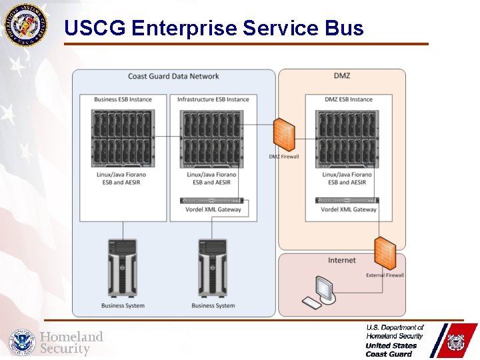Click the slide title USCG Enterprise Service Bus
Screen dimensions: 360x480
[x=214, y=28]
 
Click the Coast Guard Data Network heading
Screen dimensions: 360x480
[x=173, y=77]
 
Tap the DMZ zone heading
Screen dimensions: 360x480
[x=341, y=76]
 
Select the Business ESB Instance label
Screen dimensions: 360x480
[x=123, y=99]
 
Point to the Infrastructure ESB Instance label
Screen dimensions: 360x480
[x=213, y=99]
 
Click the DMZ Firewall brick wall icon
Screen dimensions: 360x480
[x=285, y=136]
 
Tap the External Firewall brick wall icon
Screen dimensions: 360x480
[x=385, y=254]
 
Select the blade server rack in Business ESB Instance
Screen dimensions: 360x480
[x=123, y=138]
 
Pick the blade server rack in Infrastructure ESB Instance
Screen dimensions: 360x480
[x=212, y=138]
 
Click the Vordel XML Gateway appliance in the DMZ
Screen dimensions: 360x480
[x=347, y=200]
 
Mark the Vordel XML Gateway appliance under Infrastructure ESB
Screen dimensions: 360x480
[x=212, y=200]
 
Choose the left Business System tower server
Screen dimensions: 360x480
[x=122, y=268]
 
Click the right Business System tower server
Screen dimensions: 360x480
[x=213, y=268]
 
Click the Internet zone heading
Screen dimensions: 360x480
[x=341, y=260]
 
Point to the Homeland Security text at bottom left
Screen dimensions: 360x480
[x=71, y=343]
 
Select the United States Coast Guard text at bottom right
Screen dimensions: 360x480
[x=391, y=349]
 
